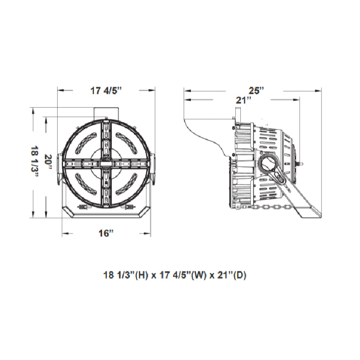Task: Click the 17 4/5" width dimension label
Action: click(x=106, y=91)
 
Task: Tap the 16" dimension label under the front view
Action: click(x=106, y=234)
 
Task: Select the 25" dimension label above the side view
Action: click(x=256, y=91)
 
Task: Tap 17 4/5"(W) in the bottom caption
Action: click(x=183, y=275)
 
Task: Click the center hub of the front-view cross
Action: click(x=106, y=163)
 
